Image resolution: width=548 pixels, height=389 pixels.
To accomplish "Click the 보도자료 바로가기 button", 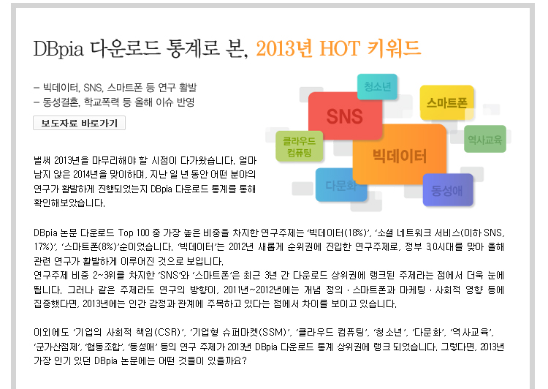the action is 80,123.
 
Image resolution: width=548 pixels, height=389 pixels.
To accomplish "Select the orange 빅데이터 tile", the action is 400,154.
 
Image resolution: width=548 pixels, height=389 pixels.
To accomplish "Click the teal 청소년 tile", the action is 378,86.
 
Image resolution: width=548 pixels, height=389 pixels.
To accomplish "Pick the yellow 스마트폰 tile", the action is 447,102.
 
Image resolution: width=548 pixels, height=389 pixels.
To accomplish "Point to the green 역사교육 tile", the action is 485,139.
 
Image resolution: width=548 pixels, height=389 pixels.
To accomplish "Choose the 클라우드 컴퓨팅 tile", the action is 299,146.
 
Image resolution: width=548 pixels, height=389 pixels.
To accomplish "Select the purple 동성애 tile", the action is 448,190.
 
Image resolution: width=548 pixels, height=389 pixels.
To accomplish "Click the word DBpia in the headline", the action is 58,48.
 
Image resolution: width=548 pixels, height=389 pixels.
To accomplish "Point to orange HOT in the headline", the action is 339,48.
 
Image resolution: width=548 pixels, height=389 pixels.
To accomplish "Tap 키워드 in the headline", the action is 395,48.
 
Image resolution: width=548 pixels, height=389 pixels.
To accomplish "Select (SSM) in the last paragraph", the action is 272,332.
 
